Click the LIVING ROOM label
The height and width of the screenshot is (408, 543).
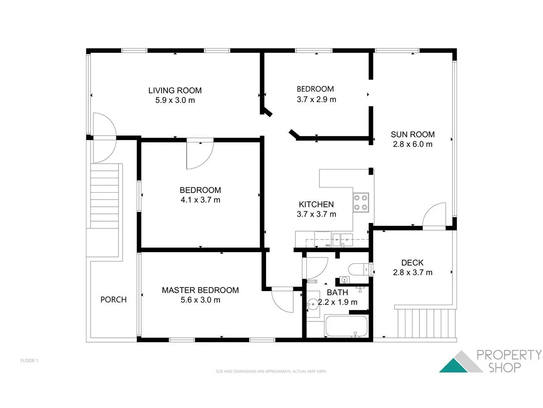pyautogui.click(x=175, y=90)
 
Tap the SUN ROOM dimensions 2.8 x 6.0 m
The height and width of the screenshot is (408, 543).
pyautogui.click(x=412, y=145)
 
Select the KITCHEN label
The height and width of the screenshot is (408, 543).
pyautogui.click(x=316, y=204)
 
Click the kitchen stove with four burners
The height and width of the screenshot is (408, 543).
pyautogui.click(x=361, y=202)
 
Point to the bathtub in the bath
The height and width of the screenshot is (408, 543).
pyautogui.click(x=346, y=327)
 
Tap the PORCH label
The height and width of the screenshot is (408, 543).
pyautogui.click(x=113, y=300)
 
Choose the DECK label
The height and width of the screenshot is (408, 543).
pyautogui.click(x=412, y=262)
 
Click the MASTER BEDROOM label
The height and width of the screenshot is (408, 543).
pyautogui.click(x=200, y=290)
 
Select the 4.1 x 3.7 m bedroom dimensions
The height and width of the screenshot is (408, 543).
pyautogui.click(x=200, y=200)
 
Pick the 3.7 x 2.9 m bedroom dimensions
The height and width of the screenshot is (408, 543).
pyautogui.click(x=316, y=99)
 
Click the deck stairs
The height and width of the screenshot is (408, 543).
pyautogui.click(x=425, y=323)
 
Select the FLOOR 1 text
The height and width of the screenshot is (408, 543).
pyautogui.click(x=29, y=361)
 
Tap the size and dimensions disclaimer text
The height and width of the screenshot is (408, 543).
pyautogui.click(x=271, y=371)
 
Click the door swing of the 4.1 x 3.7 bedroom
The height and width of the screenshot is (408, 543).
pyautogui.click(x=199, y=155)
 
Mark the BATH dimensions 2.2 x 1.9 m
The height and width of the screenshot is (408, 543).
pyautogui.click(x=338, y=302)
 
